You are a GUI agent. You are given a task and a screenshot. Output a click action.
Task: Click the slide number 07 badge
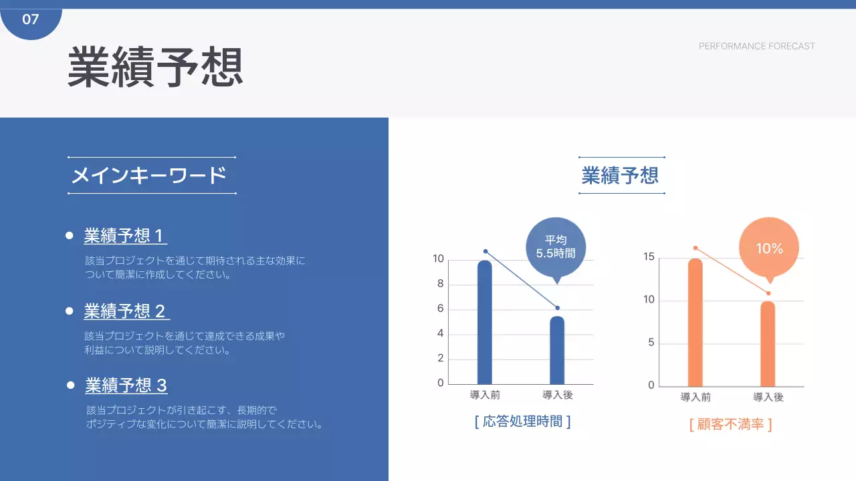[31, 19]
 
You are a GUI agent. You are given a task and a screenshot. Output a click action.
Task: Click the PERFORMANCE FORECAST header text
[756, 46]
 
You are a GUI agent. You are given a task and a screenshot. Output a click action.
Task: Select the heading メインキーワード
[149, 176]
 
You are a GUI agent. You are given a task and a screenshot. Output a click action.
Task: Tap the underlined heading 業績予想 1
[124, 236]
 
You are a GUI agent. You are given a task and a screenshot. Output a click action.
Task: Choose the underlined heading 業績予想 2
[125, 311]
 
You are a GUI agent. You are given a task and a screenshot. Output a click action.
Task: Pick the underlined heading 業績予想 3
[126, 385]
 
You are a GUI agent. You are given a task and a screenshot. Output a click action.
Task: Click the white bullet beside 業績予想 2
[69, 311]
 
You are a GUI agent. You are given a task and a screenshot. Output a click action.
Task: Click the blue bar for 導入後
[557, 350]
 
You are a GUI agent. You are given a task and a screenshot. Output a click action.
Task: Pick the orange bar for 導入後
[768, 343]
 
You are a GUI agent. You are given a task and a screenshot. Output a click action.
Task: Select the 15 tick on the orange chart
[649, 257]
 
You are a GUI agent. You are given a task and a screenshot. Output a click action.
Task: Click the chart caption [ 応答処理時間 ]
[522, 422]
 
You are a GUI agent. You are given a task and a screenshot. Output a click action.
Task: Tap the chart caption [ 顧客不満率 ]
[730, 424]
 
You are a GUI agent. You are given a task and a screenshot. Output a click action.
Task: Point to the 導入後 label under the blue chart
[557, 395]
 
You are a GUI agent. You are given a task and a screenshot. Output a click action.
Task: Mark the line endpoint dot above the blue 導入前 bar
[486, 251]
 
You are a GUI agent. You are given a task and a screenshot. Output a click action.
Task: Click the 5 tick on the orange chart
[651, 343]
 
